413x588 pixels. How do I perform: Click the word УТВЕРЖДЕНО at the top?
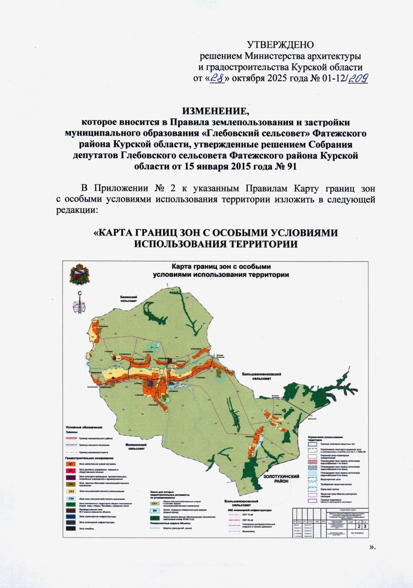click(x=280, y=45)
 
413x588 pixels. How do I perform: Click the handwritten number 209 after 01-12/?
click(x=358, y=79)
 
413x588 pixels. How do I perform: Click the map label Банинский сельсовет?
click(x=129, y=299)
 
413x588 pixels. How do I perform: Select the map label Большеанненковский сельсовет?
click(x=262, y=376)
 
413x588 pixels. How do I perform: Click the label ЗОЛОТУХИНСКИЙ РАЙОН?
click(x=281, y=479)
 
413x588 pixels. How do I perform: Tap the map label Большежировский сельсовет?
click(x=241, y=503)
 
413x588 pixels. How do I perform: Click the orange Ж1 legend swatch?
click(x=71, y=464)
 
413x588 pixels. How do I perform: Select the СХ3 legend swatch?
click(x=71, y=491)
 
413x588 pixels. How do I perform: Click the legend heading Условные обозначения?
click(x=84, y=427)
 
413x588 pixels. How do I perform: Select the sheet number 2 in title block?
click(x=360, y=526)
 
